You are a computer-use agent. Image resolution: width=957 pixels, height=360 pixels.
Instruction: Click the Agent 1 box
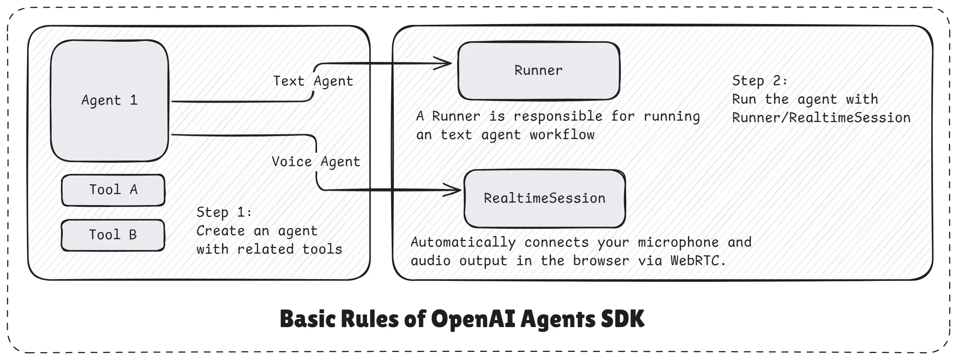click(x=110, y=100)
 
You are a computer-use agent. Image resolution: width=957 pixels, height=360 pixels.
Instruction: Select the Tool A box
click(x=113, y=190)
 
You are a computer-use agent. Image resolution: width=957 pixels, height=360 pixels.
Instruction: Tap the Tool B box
click(x=113, y=235)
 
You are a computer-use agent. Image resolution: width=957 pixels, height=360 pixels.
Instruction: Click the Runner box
click(x=538, y=71)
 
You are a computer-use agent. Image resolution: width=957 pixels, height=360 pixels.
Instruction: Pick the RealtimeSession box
click(x=544, y=198)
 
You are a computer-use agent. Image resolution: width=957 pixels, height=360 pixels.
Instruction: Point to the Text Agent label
click(x=313, y=81)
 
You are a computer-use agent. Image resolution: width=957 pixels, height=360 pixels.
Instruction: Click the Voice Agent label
click(x=316, y=162)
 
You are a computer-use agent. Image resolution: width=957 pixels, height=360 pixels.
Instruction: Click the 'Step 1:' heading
click(x=224, y=212)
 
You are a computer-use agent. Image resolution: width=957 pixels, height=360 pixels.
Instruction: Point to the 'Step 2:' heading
click(x=759, y=81)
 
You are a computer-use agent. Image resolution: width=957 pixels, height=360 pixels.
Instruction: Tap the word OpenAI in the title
click(x=473, y=319)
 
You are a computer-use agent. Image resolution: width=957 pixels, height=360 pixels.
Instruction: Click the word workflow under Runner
click(x=562, y=135)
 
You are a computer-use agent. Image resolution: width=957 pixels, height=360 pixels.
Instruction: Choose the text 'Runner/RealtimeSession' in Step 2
click(x=821, y=118)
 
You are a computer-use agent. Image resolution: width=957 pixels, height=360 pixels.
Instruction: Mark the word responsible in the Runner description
click(x=558, y=116)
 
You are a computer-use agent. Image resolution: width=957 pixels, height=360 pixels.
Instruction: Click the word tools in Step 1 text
click(x=322, y=249)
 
